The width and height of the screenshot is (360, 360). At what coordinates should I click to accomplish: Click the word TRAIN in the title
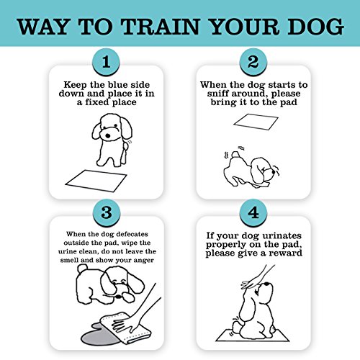point(161,26)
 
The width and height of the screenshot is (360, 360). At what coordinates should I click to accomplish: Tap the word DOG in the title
point(316,26)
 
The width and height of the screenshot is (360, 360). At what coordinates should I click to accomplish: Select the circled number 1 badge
point(106,62)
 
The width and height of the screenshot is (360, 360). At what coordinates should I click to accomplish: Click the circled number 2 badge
point(253,62)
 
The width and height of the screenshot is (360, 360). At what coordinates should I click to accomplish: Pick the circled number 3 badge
point(107,212)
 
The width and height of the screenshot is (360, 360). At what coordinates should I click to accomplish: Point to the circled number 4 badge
point(253,212)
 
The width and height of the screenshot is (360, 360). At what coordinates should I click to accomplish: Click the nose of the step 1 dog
point(108,136)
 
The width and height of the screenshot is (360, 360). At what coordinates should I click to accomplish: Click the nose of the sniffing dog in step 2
point(273,172)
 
